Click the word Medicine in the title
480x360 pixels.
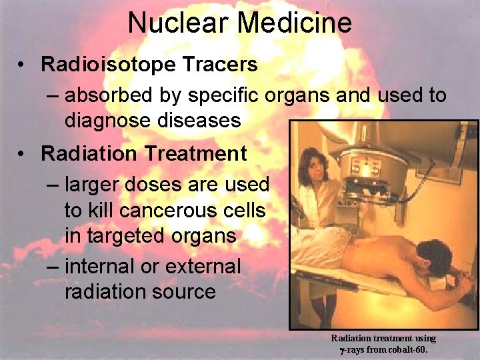tap(295, 23)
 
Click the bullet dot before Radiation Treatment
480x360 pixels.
tap(23, 154)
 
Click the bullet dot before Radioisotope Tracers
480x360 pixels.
tap(23, 65)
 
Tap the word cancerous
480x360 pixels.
tap(167, 211)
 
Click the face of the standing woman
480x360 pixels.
tap(313, 164)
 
